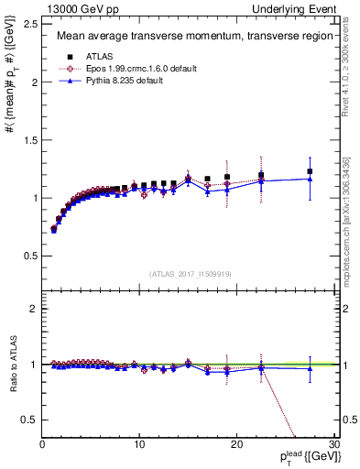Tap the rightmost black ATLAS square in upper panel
coord(310,171)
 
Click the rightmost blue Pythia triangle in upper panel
coord(310,179)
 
